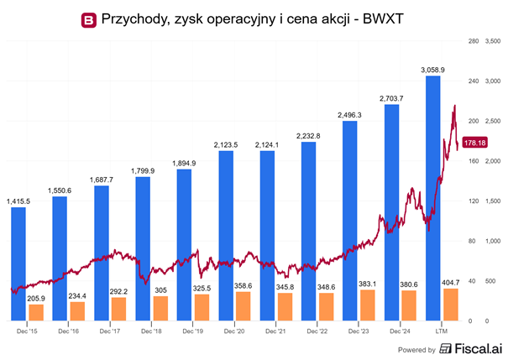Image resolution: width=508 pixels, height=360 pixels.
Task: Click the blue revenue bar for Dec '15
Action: click(18, 263)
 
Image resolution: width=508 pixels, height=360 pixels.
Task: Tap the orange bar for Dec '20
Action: click(243, 306)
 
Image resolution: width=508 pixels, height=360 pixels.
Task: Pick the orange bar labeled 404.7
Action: click(451, 305)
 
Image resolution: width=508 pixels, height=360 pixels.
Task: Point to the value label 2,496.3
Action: click(350, 114)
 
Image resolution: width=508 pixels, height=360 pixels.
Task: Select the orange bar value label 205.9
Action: click(35, 298)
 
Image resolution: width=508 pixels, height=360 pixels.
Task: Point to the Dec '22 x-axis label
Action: click(317, 331)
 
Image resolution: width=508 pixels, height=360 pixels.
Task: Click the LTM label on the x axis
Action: click(442, 331)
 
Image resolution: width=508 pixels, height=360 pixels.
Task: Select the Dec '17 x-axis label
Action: click(110, 331)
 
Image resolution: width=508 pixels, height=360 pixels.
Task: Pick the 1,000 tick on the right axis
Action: click(493, 241)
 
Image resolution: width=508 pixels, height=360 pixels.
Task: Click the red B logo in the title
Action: click(87, 18)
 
